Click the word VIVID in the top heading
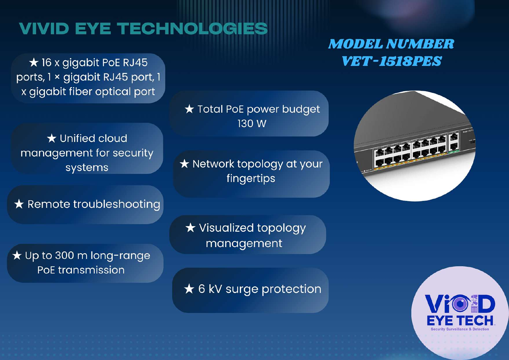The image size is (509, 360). click(44, 29)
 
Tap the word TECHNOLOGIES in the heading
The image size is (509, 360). click(192, 29)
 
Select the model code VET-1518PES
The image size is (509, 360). click(392, 61)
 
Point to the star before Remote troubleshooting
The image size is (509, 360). click(19, 204)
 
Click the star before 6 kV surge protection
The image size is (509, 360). click(189, 288)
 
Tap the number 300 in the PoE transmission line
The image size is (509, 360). click(65, 255)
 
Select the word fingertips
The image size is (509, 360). click(251, 179)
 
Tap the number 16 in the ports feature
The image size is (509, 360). click(46, 62)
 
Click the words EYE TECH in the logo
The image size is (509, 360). click(460, 321)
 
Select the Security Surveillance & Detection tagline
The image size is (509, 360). click(460, 329)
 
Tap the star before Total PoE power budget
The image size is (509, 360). click(189, 109)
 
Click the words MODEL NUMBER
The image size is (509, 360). click(391, 44)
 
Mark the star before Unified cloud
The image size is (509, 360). click(52, 138)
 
